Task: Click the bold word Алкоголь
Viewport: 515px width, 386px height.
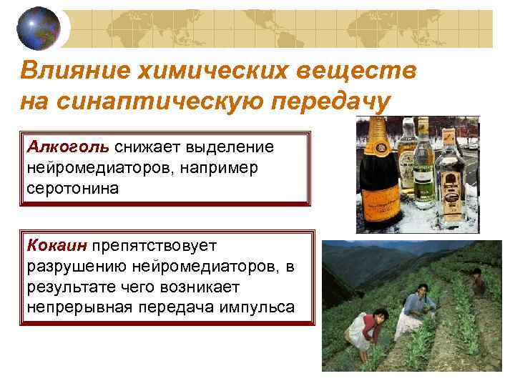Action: tap(69, 147)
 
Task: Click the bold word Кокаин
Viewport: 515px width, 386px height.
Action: tap(57, 247)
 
